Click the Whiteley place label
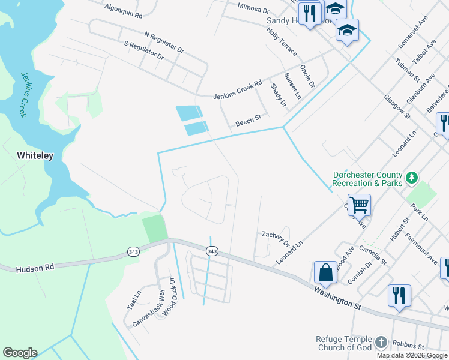(x=35, y=155)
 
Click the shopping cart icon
(x=359, y=205)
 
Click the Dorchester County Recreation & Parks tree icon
(x=411, y=177)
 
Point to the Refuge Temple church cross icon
(x=381, y=343)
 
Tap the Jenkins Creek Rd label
(x=238, y=90)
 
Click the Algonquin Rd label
(x=123, y=10)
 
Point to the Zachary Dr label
(x=274, y=237)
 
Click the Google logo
(x=20, y=353)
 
